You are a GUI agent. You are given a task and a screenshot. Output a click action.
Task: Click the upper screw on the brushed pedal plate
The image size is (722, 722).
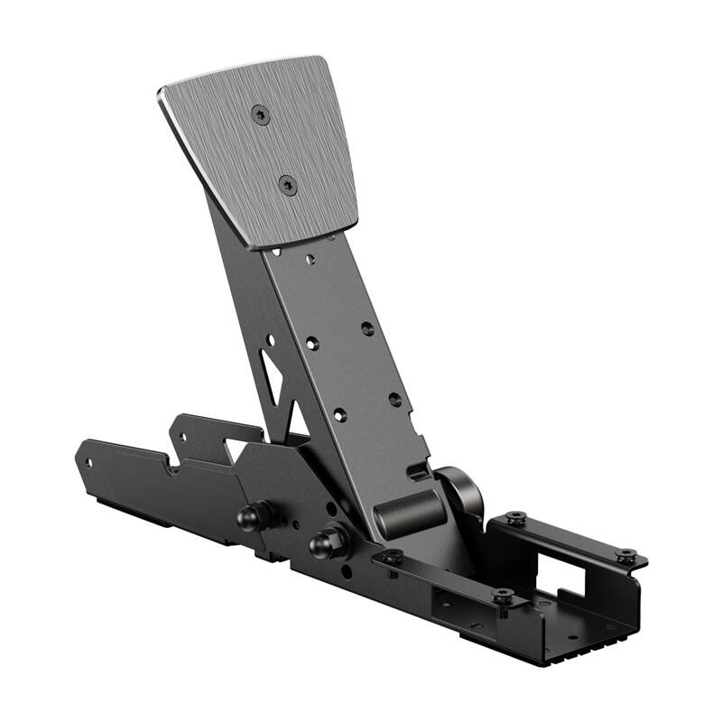pyautogui.click(x=261, y=114)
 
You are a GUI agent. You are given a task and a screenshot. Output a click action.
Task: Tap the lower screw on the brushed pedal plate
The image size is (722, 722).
pyautogui.click(x=288, y=186)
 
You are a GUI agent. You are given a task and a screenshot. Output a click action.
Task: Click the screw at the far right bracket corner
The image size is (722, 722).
pyautogui.click(x=625, y=555)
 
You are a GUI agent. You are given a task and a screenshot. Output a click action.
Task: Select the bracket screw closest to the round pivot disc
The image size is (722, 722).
pyautogui.click(x=515, y=518)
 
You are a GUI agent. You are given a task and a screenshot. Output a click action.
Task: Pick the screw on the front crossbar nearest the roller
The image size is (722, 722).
pyautogui.click(x=392, y=557)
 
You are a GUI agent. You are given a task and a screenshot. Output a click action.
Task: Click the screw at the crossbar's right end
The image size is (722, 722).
pyautogui.click(x=504, y=596)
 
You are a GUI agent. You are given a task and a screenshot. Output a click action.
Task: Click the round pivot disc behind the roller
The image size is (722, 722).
pyautogui.click(x=465, y=492)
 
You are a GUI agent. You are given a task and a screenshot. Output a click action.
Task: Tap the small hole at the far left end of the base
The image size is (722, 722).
pyautogui.click(x=88, y=462)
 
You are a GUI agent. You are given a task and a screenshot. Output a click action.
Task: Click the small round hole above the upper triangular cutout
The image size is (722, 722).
pyautogui.click(x=269, y=339)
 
